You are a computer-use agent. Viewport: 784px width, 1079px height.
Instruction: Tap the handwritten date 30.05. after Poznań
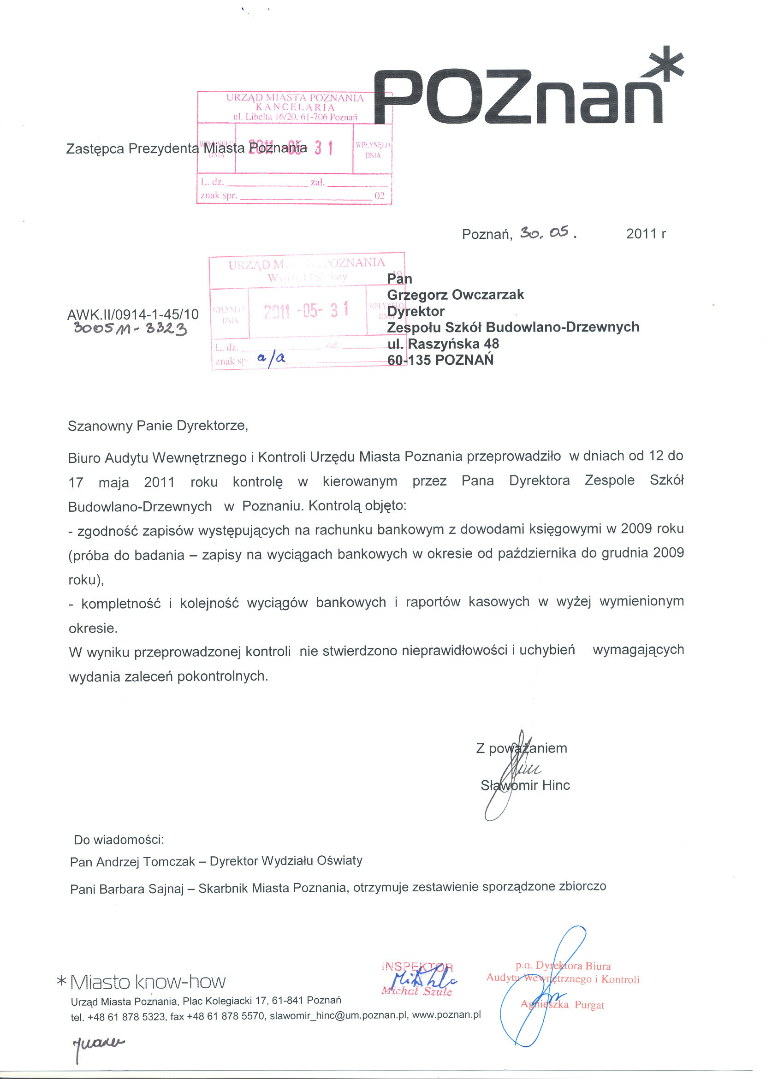(x=547, y=233)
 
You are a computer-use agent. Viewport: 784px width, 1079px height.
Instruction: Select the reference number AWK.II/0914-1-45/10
(x=133, y=314)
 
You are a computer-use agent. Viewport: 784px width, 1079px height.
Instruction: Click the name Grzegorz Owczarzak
(x=455, y=295)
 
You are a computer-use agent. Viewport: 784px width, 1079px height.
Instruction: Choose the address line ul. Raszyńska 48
(x=443, y=344)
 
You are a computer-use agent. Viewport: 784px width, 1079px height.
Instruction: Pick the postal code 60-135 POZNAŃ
(x=440, y=360)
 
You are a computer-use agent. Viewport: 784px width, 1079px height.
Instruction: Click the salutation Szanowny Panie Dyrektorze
(x=157, y=425)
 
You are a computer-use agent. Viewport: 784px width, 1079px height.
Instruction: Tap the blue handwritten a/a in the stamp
(x=271, y=359)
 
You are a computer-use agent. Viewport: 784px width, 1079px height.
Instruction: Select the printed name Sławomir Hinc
(x=525, y=785)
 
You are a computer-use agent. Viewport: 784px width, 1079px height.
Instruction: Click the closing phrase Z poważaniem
(x=522, y=748)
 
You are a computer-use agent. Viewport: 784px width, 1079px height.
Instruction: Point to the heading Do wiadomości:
(x=119, y=840)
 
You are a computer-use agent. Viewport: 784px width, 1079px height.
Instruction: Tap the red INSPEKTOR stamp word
(x=417, y=967)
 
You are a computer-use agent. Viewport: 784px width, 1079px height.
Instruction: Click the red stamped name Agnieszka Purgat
(x=562, y=1004)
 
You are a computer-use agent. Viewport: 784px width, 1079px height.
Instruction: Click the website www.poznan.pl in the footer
(x=446, y=1015)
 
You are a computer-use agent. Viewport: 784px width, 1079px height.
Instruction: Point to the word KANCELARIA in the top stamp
(x=295, y=107)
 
